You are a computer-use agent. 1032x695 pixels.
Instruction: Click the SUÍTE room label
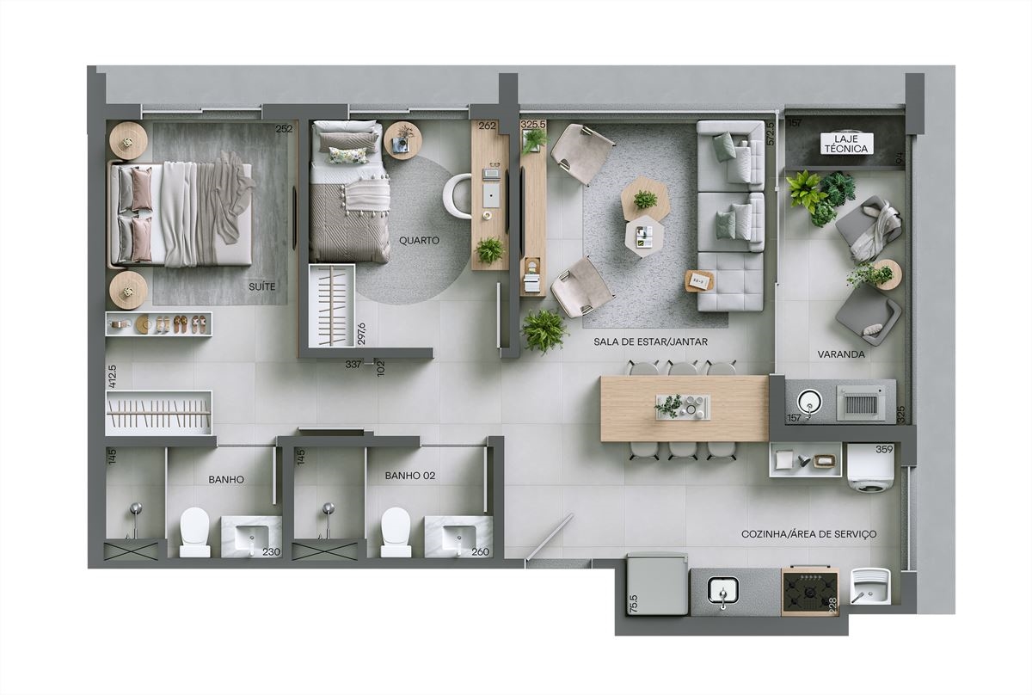261,286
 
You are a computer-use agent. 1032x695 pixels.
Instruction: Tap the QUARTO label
419,241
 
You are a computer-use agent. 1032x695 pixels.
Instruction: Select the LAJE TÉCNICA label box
846,144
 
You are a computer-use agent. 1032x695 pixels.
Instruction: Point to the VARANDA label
841,354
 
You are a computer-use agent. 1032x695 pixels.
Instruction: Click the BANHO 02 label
410,476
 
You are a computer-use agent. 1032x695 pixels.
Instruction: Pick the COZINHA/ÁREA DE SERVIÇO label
809,534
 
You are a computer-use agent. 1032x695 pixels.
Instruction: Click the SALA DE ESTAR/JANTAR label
650,342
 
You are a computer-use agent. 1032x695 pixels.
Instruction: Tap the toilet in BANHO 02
396,532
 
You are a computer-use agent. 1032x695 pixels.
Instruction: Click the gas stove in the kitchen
810,592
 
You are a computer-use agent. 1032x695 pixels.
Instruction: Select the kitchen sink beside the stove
723,592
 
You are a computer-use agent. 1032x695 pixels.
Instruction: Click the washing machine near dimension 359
869,468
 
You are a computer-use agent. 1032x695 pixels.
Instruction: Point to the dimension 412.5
112,377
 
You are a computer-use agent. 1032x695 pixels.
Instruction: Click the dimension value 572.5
771,133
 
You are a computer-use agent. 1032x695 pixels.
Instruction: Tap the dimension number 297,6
361,334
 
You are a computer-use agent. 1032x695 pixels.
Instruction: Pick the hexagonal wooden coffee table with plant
644,199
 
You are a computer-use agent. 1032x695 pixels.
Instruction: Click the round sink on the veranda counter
809,402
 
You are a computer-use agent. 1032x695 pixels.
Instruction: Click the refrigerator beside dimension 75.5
658,584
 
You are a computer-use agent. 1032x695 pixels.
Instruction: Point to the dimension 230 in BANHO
271,551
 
